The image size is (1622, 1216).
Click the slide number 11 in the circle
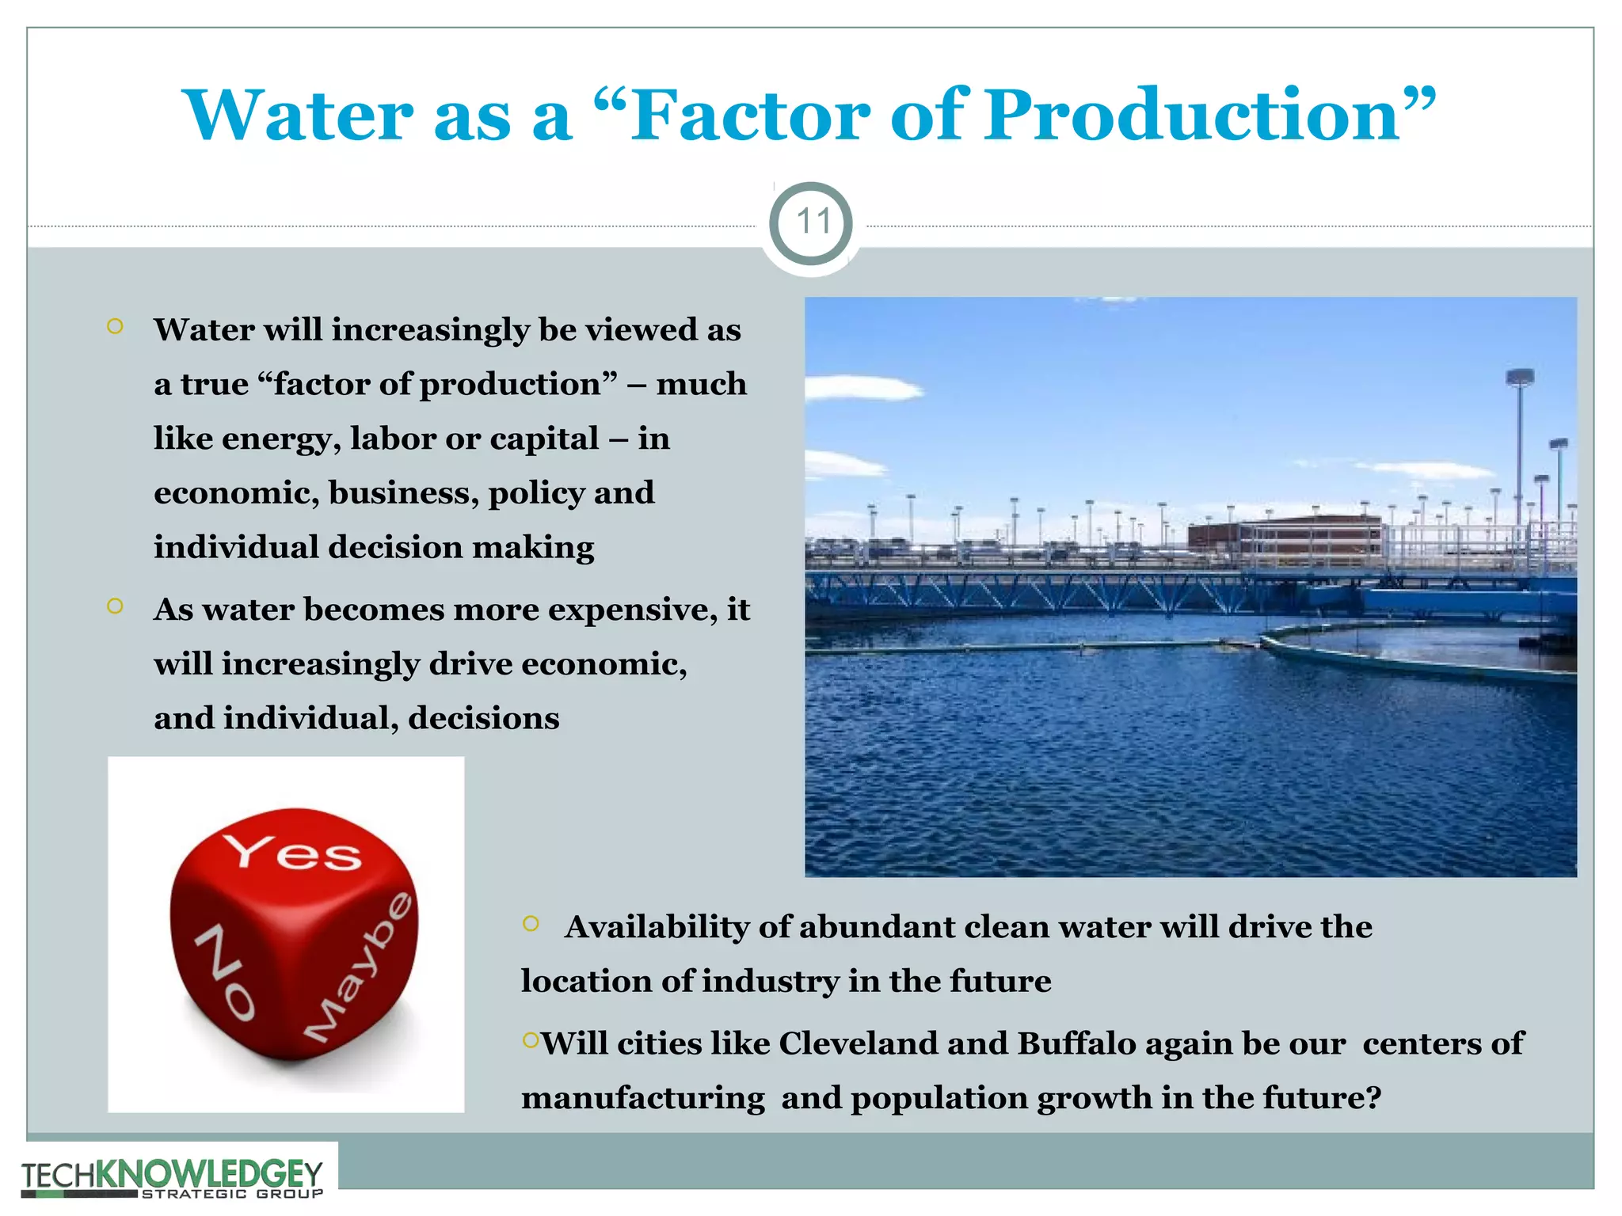tap(811, 222)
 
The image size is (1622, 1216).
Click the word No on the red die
tap(225, 972)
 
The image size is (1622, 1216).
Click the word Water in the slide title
tap(298, 116)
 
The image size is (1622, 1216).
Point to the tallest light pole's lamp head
tap(1519, 378)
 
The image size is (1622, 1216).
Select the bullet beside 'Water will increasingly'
tap(115, 326)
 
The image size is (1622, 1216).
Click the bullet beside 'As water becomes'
tap(115, 606)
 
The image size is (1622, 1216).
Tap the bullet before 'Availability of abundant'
tap(531, 923)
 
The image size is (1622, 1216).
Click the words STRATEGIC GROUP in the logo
tap(232, 1194)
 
